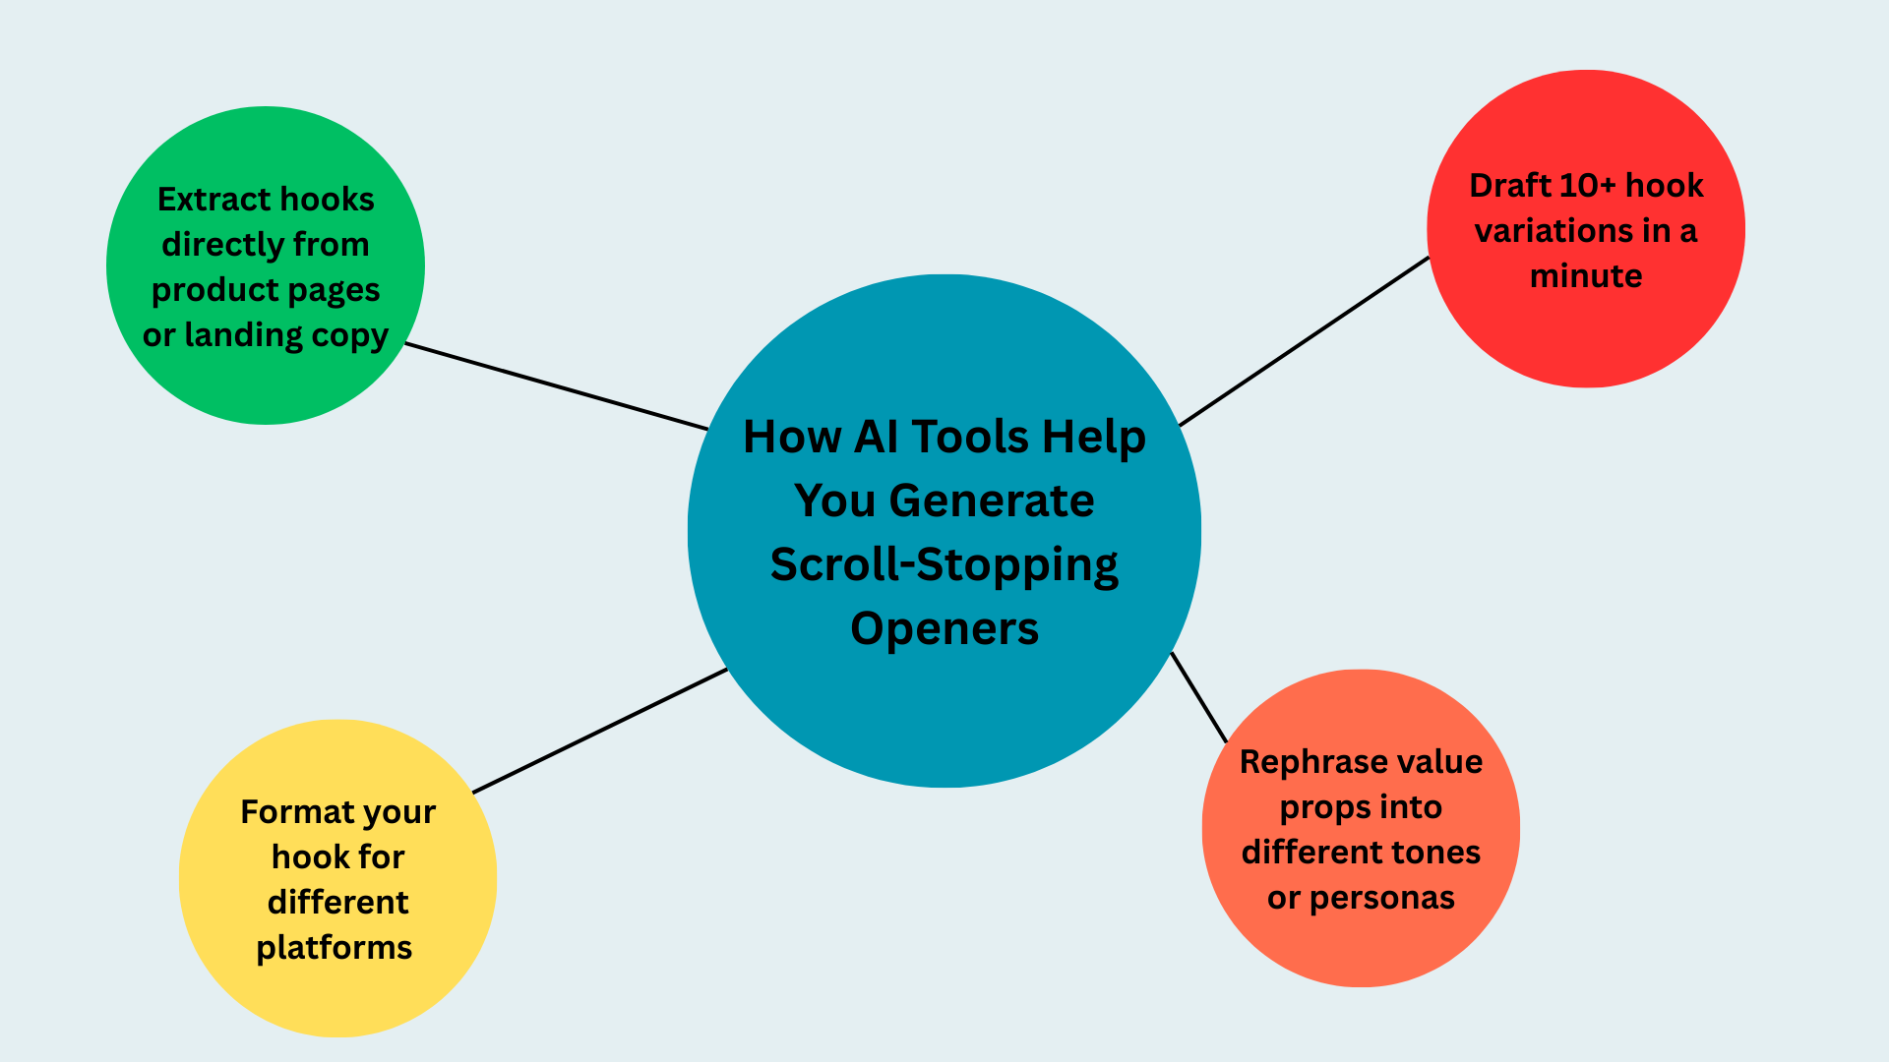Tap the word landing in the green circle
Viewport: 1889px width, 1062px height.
243,335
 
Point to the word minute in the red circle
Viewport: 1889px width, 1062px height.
1586,276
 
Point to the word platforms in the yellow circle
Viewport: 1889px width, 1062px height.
335,948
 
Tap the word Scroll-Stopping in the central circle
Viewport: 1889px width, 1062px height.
944,565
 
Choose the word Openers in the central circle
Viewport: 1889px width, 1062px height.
944,629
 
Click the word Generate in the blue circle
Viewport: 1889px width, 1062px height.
991,501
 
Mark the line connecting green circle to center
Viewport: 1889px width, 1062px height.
557,386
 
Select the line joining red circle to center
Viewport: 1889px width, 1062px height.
1304,341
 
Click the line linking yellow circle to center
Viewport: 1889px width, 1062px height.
600,731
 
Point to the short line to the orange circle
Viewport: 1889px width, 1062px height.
1199,697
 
